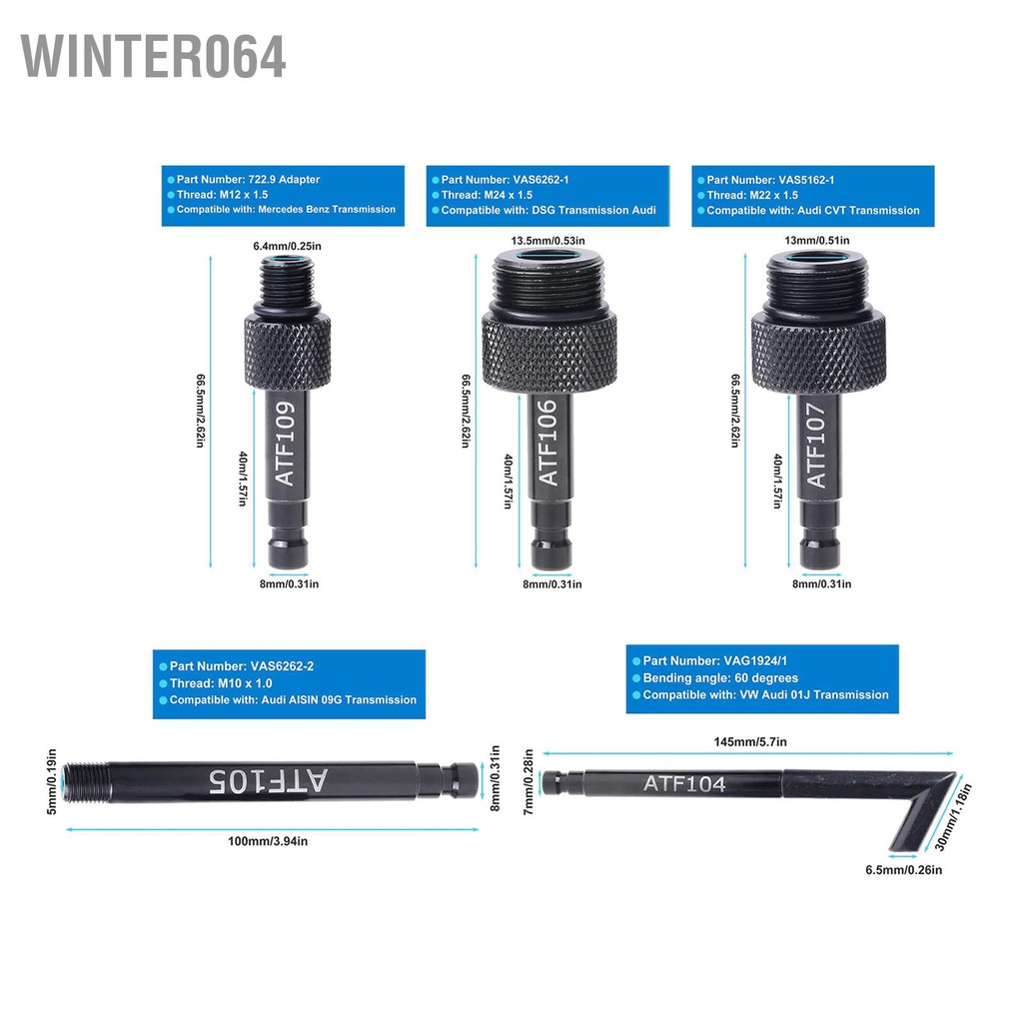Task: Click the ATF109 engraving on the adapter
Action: tap(286, 444)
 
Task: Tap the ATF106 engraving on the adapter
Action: tap(548, 444)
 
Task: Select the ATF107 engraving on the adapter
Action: tap(816, 445)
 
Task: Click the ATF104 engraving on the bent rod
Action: tap(684, 784)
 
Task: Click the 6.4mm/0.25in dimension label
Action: tap(287, 246)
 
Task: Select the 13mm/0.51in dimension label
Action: tap(816, 240)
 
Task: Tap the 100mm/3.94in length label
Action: tap(269, 841)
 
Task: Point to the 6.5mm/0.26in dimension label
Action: tap(903, 869)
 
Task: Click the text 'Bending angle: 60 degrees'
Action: tap(720, 678)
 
